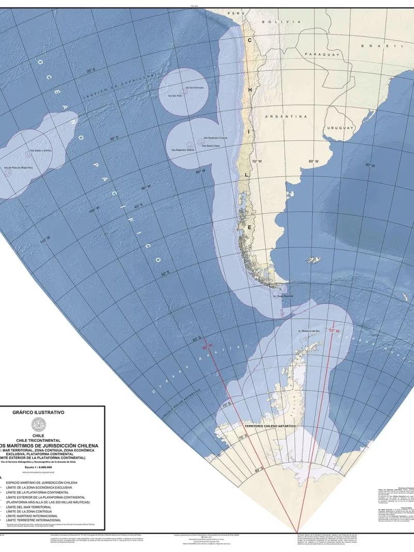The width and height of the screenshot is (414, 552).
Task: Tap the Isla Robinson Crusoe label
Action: [x=216, y=138]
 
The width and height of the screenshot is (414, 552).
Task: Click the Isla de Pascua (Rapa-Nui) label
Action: [x=18, y=168]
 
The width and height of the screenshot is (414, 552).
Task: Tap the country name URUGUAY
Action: [x=340, y=127]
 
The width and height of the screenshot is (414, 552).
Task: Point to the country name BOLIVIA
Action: [x=281, y=22]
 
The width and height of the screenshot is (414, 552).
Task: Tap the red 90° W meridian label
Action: [x=208, y=348]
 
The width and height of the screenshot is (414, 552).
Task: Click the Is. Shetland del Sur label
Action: [x=309, y=330]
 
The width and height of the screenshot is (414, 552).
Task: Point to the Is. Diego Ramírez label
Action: [x=284, y=296]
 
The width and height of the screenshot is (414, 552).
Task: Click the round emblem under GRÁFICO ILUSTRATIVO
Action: [x=39, y=425]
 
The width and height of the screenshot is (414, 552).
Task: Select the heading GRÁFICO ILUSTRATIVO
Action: [x=38, y=413]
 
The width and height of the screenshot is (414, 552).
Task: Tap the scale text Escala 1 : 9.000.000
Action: [x=38, y=467]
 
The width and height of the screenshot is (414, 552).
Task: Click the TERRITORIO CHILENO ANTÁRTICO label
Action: [x=270, y=426]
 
